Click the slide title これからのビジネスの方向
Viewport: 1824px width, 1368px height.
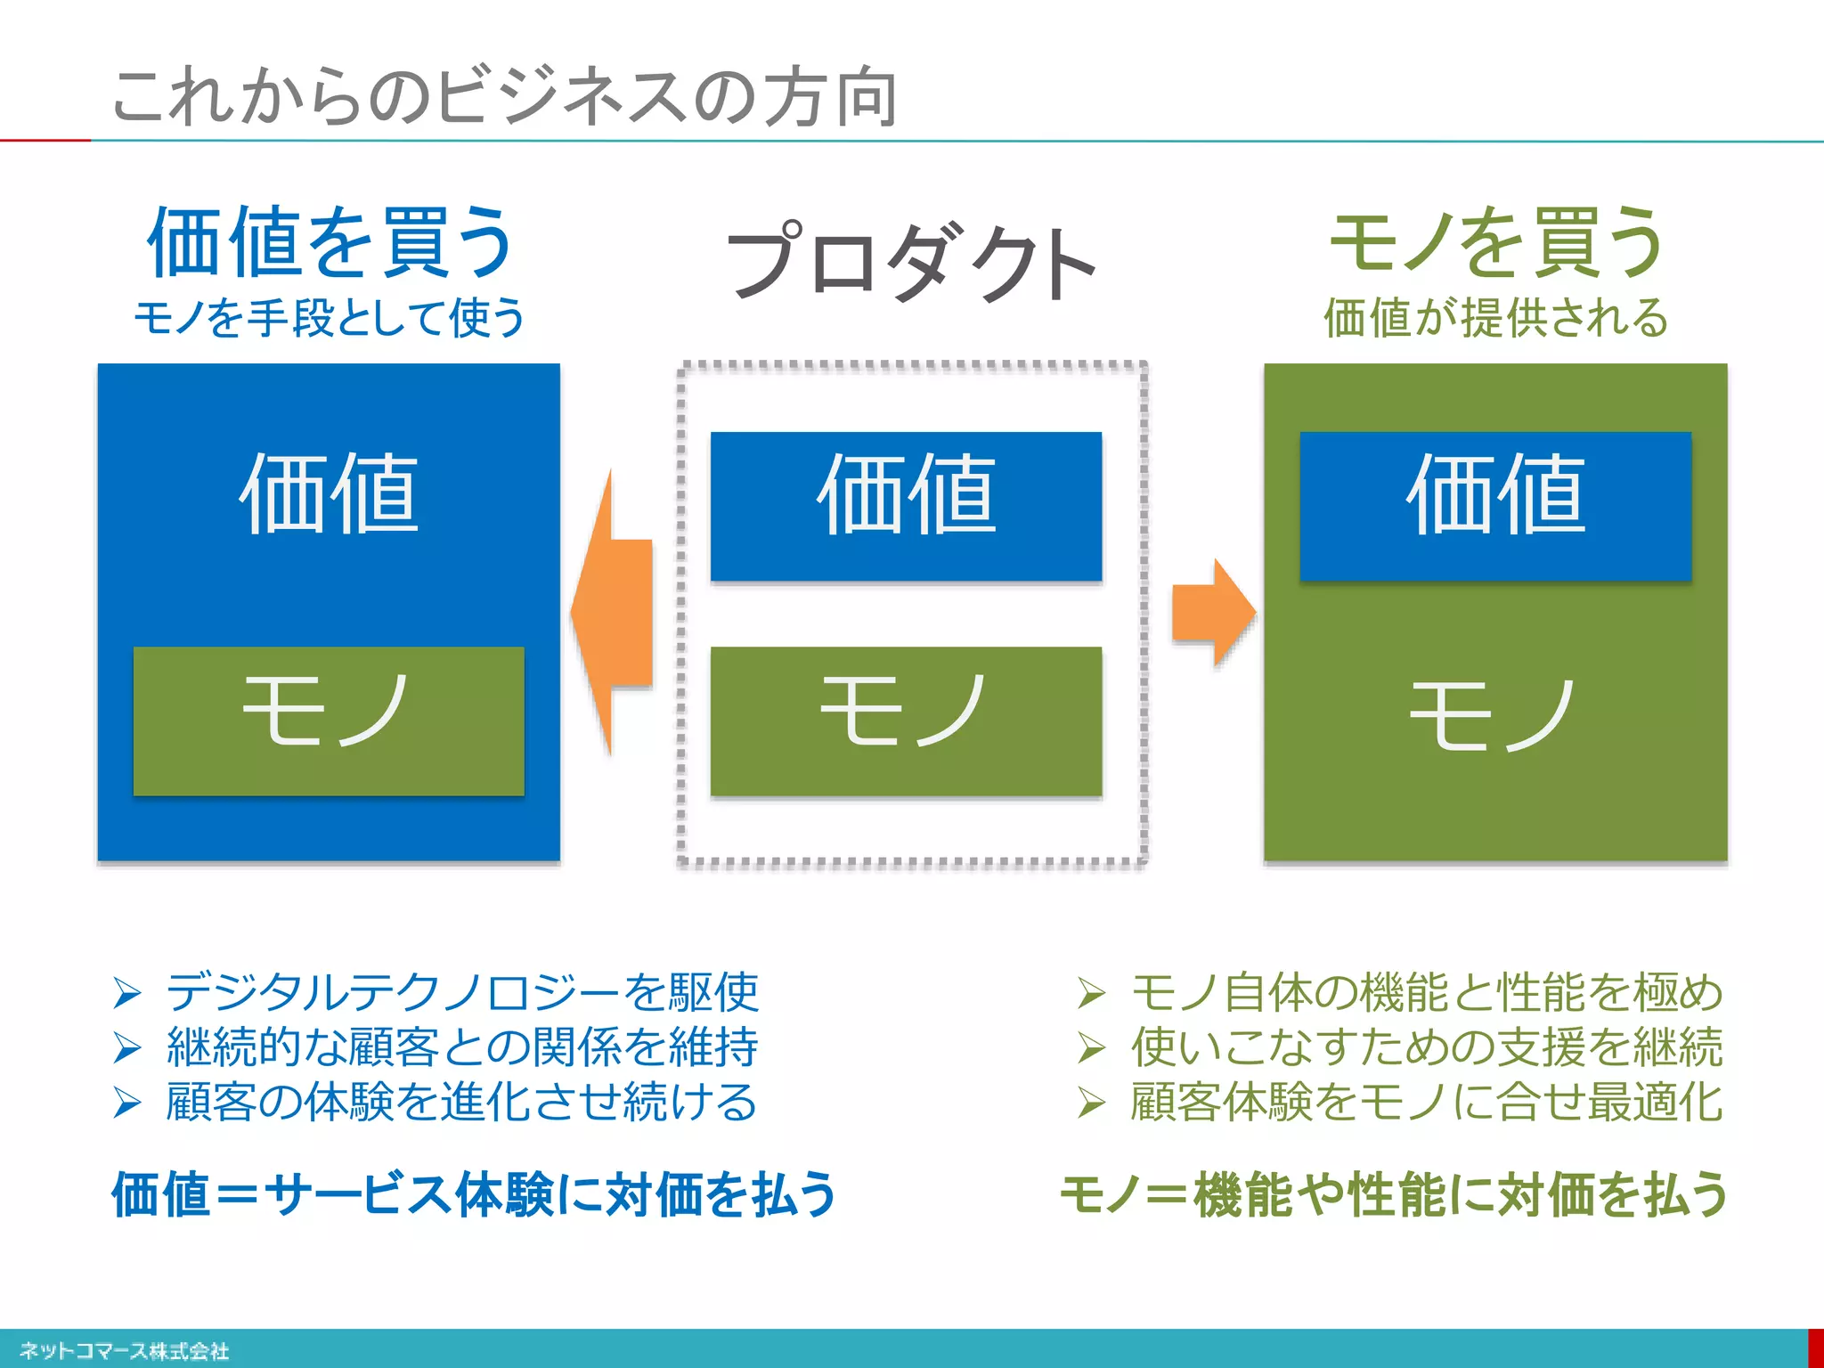[504, 96]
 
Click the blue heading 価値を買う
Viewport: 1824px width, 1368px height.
[330, 242]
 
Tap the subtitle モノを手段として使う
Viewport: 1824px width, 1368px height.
[330, 318]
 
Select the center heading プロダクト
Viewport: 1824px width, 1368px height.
[911, 262]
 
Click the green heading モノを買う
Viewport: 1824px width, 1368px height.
[1496, 242]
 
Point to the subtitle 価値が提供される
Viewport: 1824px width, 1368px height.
[1496, 318]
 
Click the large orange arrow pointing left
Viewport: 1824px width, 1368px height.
[615, 613]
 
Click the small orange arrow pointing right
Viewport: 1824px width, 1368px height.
[1213, 613]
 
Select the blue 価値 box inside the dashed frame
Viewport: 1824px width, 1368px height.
[906, 506]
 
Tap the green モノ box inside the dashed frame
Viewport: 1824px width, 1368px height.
[906, 721]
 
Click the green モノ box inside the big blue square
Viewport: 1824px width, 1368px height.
[329, 721]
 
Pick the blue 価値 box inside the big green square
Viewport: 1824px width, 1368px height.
[1495, 506]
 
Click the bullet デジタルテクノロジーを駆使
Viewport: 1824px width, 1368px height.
[461, 991]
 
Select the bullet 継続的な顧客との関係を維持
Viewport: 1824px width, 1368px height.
[461, 1046]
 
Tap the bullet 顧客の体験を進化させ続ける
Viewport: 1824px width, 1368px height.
[461, 1102]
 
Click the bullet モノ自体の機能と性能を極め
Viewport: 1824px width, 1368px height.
[1426, 991]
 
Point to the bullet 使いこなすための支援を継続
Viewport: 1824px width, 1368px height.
[1426, 1046]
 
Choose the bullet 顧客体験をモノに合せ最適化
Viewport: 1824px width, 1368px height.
[1426, 1102]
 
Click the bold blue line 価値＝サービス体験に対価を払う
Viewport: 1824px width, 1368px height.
[474, 1194]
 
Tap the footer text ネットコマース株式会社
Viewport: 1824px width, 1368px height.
[125, 1351]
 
